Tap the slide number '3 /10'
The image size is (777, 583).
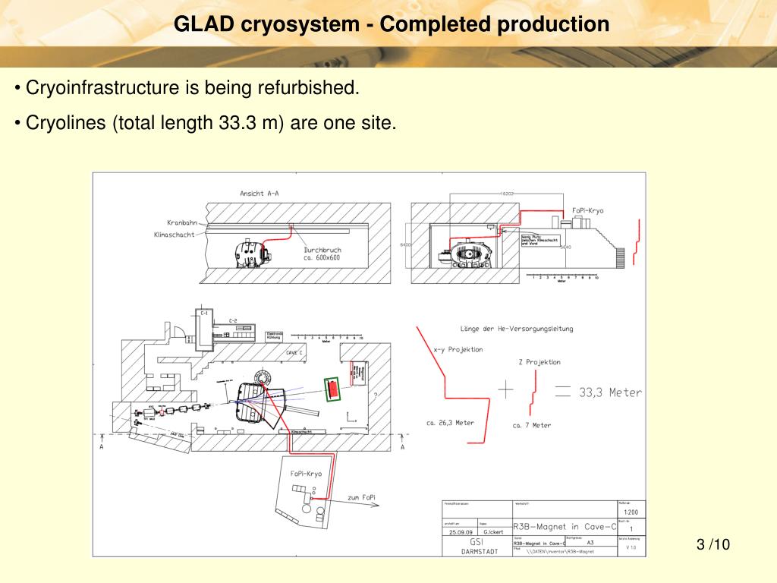coord(712,544)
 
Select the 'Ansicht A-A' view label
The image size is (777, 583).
coord(260,194)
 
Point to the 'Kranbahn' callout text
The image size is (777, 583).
coord(181,222)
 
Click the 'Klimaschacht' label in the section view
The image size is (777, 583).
coord(174,235)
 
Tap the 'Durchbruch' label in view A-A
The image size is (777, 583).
coord(322,250)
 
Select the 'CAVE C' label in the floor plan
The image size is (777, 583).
coord(296,353)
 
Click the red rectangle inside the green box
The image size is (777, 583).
coord(332,389)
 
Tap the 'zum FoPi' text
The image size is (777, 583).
coord(361,497)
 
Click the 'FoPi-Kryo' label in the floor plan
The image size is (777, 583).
coord(306,474)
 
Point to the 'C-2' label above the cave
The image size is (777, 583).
coord(233,321)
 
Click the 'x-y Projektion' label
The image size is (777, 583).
coord(458,350)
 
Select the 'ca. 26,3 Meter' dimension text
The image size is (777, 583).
coord(450,423)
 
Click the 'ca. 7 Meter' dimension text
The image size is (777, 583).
coord(532,425)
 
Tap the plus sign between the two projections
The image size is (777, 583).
coord(505,389)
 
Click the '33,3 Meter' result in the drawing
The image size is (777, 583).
coord(610,392)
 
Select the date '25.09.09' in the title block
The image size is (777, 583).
coord(460,532)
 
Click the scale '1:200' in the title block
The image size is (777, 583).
coord(631,512)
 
